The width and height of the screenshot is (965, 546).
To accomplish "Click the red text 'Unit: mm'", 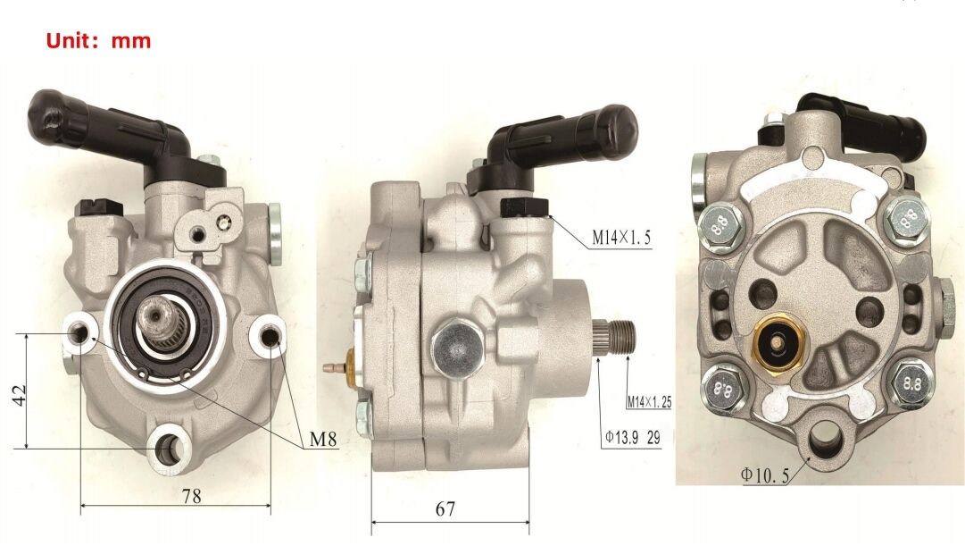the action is point(98,41).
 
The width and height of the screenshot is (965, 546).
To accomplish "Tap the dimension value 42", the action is point(21,394).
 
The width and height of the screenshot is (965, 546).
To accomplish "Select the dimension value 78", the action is point(191,495).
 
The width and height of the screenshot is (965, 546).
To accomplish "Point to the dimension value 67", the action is point(445,509).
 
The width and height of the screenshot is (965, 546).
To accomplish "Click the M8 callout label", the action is point(323,440).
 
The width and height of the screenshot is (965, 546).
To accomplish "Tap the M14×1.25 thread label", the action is point(649,403).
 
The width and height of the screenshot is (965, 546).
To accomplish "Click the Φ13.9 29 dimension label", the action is point(633,438).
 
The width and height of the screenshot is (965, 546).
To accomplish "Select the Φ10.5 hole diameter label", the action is point(764,475).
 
